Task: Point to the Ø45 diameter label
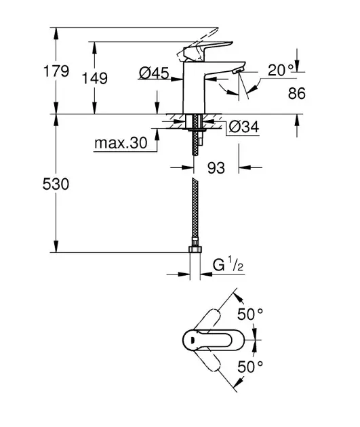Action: tap(154, 73)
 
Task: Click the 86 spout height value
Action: tap(296, 94)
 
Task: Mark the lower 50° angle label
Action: tap(249, 367)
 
